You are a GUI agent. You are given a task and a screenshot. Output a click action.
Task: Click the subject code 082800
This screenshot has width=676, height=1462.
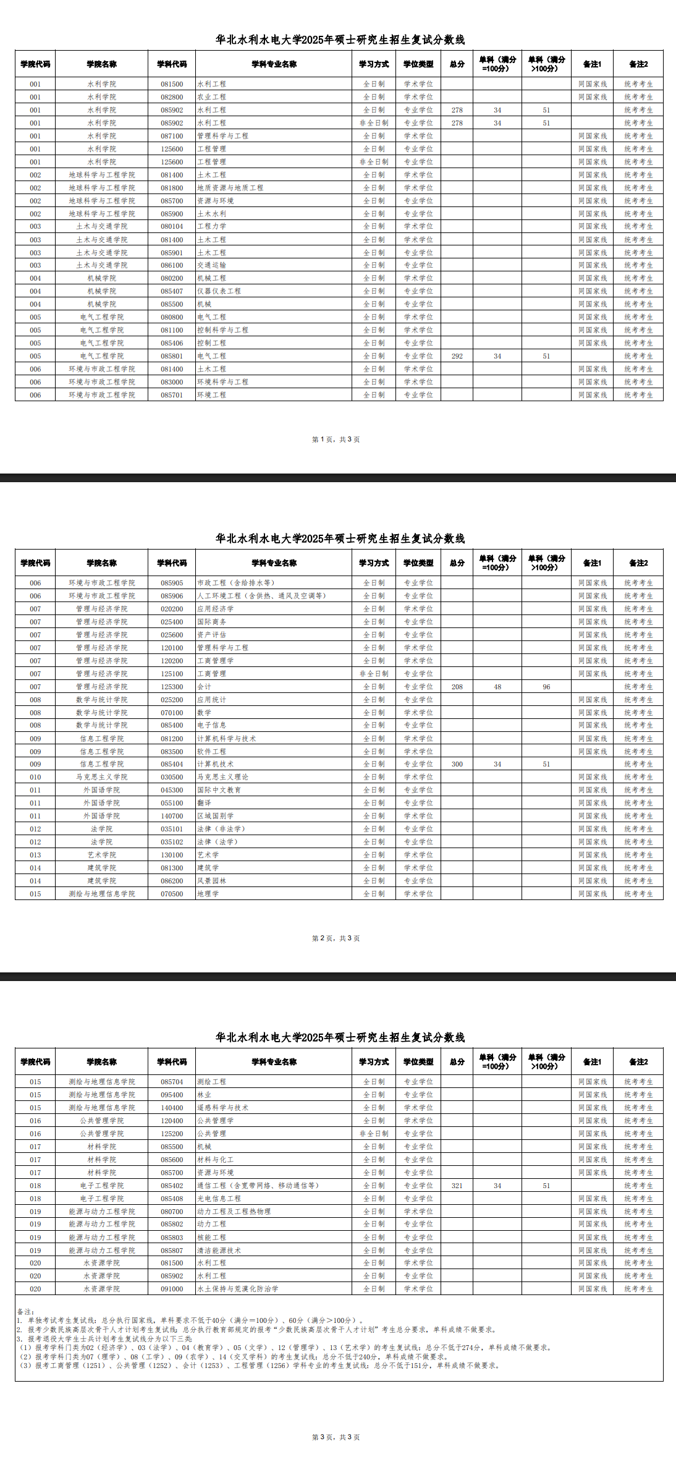pyautogui.click(x=172, y=97)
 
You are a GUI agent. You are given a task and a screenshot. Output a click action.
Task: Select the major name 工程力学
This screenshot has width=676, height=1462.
pyautogui.click(x=211, y=226)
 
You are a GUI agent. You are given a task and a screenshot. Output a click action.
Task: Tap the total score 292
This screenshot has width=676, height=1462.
pyautogui.click(x=457, y=356)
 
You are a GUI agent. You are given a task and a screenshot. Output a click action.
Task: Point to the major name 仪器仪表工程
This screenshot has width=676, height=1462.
pyautogui.click(x=219, y=291)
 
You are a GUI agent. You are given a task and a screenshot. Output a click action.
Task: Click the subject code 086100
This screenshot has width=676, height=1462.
pyautogui.click(x=172, y=265)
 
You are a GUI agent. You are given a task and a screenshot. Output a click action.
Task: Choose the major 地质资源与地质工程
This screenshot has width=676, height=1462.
pyautogui.click(x=230, y=188)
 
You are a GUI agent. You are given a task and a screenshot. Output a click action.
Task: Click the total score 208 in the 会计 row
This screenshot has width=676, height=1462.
pyautogui.click(x=457, y=687)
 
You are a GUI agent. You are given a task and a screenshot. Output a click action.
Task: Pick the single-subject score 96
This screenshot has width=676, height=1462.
pyautogui.click(x=546, y=687)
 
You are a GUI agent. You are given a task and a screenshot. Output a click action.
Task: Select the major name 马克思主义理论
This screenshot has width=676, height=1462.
pyautogui.click(x=222, y=777)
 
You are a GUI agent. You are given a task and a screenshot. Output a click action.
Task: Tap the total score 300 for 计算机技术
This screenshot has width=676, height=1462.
pyautogui.click(x=457, y=764)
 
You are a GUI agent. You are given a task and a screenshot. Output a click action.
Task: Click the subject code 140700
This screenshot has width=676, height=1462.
pyautogui.click(x=172, y=816)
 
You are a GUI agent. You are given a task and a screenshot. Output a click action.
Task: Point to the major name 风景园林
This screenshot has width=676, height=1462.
pyautogui.click(x=211, y=881)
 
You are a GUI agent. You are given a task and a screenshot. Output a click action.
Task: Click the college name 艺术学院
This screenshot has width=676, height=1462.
pyautogui.click(x=101, y=855)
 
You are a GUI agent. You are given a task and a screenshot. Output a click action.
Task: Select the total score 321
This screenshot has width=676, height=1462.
pyautogui.click(x=457, y=1186)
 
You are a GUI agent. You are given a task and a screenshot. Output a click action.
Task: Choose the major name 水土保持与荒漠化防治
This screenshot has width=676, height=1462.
pyautogui.click(x=237, y=1289)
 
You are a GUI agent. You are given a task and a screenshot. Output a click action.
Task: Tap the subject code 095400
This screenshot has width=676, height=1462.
pyautogui.click(x=172, y=1095)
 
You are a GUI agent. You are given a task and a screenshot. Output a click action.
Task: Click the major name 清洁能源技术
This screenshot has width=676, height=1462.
pyautogui.click(x=219, y=1251)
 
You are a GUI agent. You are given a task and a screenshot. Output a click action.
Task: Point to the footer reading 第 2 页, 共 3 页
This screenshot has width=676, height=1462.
pyautogui.click(x=336, y=938)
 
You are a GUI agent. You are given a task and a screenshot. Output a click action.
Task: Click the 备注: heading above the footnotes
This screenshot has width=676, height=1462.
pyautogui.click(x=25, y=1311)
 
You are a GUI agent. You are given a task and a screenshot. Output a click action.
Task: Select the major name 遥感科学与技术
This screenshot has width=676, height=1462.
pyautogui.click(x=222, y=1108)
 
